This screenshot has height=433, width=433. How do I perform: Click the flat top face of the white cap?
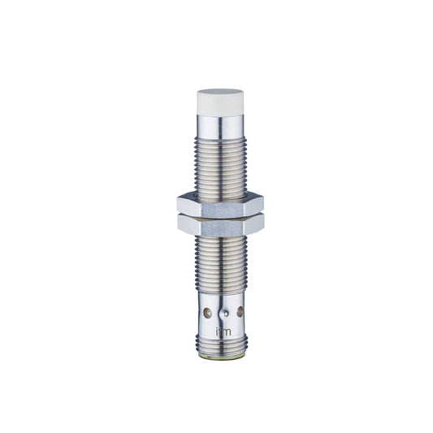pyautogui.click(x=221, y=93)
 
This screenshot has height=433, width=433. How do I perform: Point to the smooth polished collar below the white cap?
pyautogui.click(x=221, y=126)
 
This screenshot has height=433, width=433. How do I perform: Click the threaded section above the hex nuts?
pyautogui.click(x=221, y=167)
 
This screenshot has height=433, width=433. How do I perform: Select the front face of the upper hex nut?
pyautogui.click(x=219, y=206)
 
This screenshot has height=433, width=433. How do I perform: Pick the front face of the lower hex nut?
pyautogui.click(x=219, y=227)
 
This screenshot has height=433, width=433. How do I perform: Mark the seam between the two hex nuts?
pyautogui.click(x=219, y=216)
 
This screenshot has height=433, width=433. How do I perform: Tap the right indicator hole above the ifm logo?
pyautogui.click(x=240, y=310)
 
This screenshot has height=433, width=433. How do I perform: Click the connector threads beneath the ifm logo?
pyautogui.click(x=221, y=346)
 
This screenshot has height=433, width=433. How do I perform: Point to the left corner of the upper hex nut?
pyautogui.click(x=177, y=206)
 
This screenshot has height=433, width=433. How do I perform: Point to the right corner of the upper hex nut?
pyautogui.click(x=263, y=205)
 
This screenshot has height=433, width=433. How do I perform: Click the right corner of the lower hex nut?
pyautogui.click(x=263, y=226)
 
